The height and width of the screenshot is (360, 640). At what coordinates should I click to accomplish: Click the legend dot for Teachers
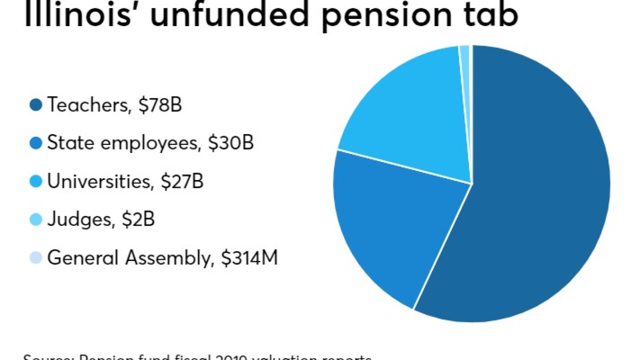point(36,105)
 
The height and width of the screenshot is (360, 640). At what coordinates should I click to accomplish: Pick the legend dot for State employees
point(36,144)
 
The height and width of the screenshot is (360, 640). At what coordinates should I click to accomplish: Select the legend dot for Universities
point(36,182)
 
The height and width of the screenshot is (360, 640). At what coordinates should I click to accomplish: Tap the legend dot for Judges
point(36,220)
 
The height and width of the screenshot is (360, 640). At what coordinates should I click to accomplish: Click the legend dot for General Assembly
point(36,258)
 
